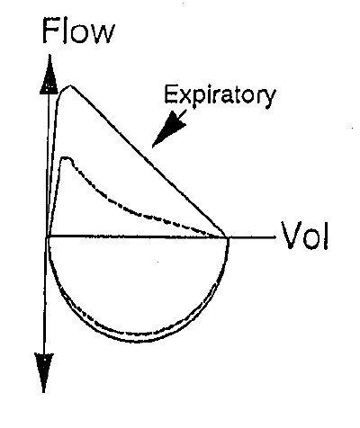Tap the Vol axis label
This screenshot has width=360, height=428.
pyautogui.click(x=305, y=236)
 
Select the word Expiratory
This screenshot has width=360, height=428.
pyautogui.click(x=220, y=95)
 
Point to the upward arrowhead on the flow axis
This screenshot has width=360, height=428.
pyautogui.click(x=49, y=76)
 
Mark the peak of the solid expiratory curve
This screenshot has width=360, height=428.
pyautogui.click(x=70, y=86)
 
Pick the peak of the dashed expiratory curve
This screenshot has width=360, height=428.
pyautogui.click(x=66, y=157)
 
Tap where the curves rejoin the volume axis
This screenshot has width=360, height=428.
pyautogui.click(x=227, y=237)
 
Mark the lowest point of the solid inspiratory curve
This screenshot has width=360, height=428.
pyautogui.click(x=138, y=342)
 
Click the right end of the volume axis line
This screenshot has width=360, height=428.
pyautogui.click(x=274, y=237)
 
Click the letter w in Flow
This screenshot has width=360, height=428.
pyautogui.click(x=103, y=34)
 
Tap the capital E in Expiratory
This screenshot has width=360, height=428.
pyautogui.click(x=169, y=94)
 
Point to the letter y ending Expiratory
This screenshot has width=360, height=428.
pyautogui.click(x=270, y=98)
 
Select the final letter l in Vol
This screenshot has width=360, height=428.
pyautogui.click(x=326, y=235)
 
